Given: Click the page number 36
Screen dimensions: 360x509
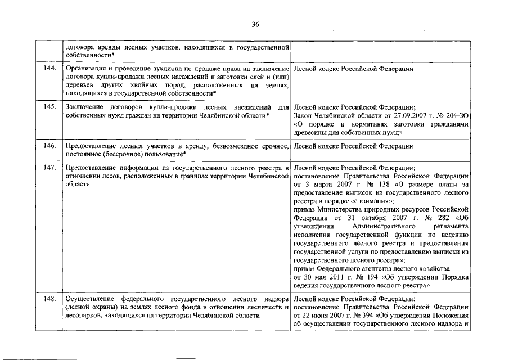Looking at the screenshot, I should [255, 24].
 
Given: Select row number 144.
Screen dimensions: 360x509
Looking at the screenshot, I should [49, 69].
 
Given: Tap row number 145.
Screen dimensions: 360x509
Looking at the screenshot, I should [49, 106].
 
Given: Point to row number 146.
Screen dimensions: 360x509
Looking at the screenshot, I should [49, 146].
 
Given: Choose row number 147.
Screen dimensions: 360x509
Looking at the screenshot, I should [49, 168].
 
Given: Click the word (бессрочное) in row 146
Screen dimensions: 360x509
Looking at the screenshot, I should [115, 154].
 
